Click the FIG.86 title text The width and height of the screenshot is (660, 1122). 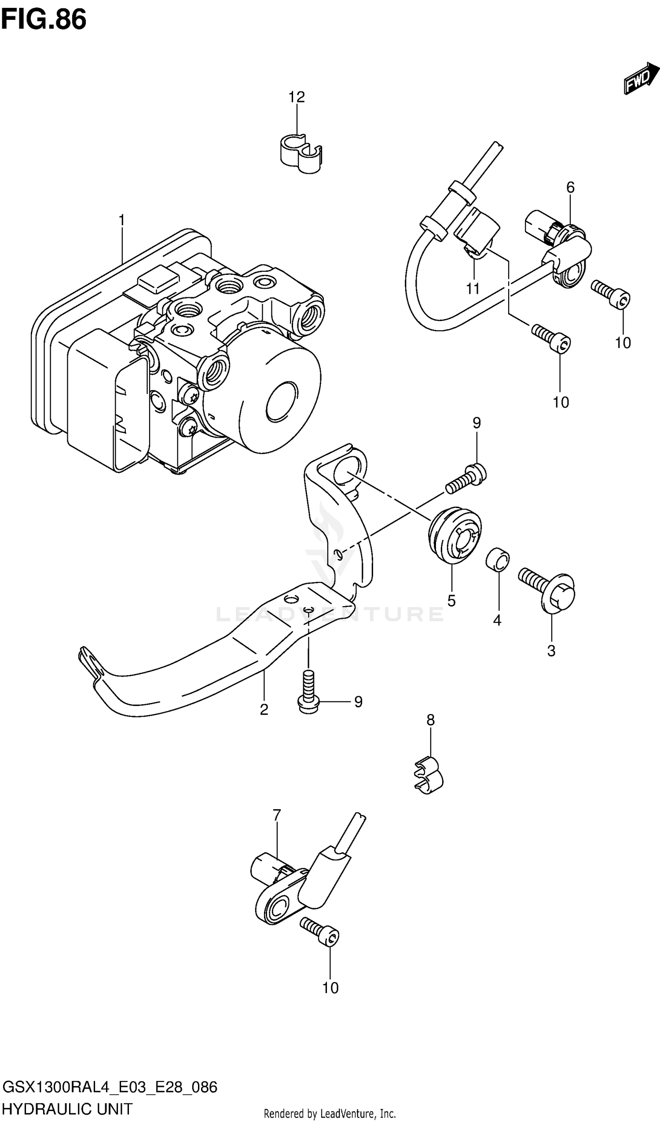(43, 20)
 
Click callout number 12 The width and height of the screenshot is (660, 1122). (296, 97)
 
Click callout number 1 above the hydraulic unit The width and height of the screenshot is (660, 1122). (121, 220)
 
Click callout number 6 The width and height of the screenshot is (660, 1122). (570, 187)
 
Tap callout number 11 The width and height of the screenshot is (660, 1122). (473, 289)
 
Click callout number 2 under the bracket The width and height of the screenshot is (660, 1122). (264, 710)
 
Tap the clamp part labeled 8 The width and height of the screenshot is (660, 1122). (429, 782)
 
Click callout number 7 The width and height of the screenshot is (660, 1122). (277, 815)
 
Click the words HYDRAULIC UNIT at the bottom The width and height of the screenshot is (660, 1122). (67, 1108)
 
